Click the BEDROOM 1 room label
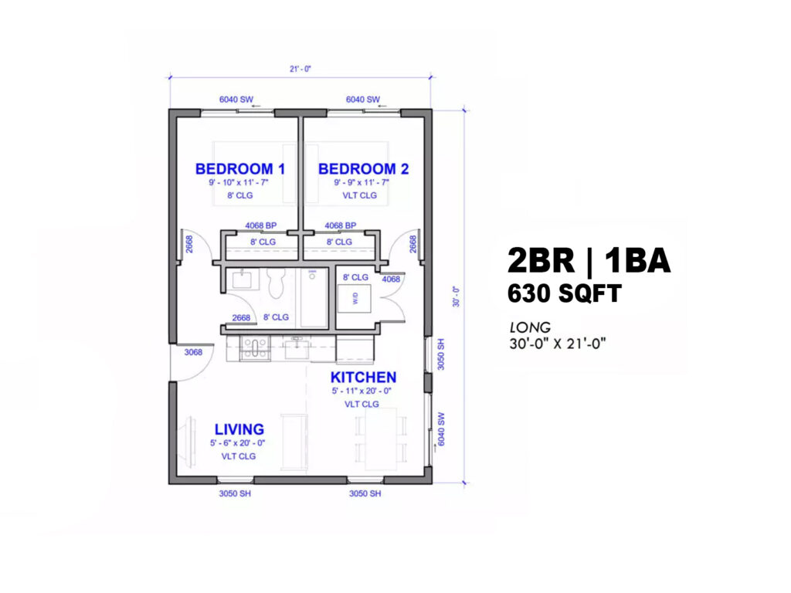(234, 168)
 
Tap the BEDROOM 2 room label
(363, 169)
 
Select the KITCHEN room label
(363, 378)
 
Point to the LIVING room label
(239, 429)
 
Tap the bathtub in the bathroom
(314, 297)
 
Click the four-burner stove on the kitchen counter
(253, 349)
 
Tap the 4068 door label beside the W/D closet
(391, 280)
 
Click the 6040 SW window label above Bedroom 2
(362, 100)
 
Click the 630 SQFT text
(564, 294)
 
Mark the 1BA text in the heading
(638, 261)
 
